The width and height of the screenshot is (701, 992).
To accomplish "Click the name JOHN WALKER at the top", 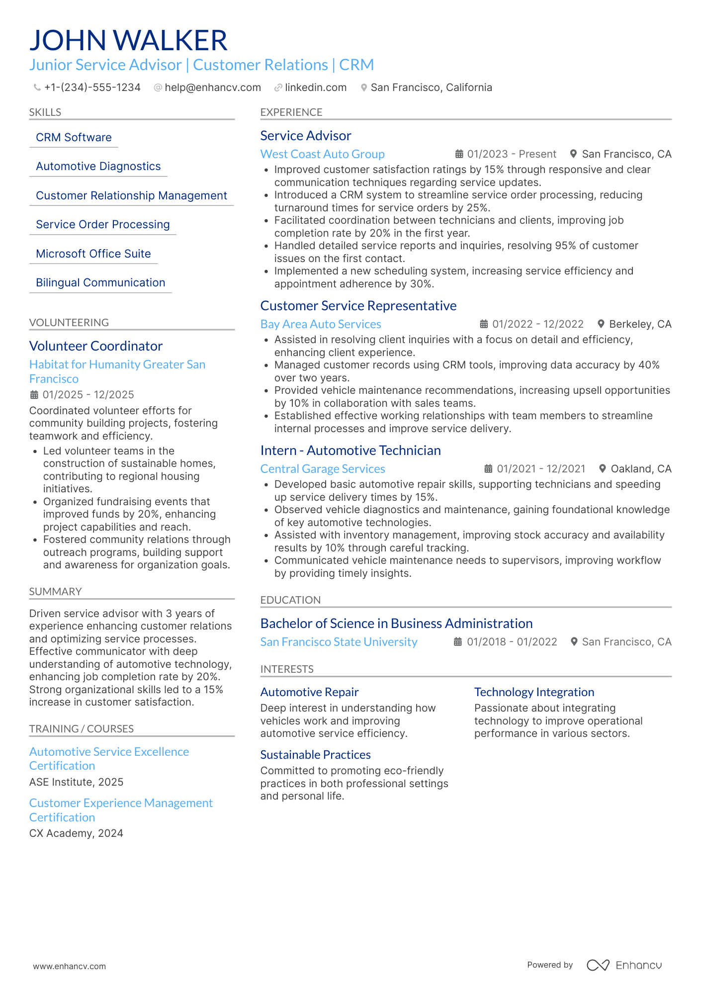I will click(128, 41).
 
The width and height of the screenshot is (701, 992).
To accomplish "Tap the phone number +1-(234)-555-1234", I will click(92, 88).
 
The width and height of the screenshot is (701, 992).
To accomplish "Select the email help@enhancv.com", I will click(212, 88).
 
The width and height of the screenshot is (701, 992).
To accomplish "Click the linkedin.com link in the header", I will click(315, 88).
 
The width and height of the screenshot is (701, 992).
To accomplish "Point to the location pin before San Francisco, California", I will click(364, 88).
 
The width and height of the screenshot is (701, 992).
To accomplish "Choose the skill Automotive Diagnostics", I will click(98, 167).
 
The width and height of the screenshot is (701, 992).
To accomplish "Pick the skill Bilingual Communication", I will click(100, 283).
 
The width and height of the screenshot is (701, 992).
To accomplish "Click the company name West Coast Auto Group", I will click(322, 154).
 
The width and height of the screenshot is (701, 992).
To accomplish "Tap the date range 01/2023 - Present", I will click(511, 154).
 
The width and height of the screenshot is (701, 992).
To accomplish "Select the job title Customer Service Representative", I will click(358, 306).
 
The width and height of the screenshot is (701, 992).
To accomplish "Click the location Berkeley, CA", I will click(640, 324).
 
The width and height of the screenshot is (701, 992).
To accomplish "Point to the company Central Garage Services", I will click(322, 469).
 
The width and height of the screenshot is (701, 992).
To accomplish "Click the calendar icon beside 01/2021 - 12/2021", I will click(489, 469).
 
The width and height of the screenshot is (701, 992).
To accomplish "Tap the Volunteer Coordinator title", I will click(96, 346).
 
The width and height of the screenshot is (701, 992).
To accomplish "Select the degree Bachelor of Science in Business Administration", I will click(396, 624).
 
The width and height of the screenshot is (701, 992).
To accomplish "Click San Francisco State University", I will click(339, 642).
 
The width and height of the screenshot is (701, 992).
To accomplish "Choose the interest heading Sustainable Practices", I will click(315, 755).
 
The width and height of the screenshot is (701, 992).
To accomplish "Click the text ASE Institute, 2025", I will click(76, 782).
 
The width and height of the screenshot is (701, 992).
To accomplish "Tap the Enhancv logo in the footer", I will click(624, 965).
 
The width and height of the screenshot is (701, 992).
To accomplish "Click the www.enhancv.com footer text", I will click(70, 966).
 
